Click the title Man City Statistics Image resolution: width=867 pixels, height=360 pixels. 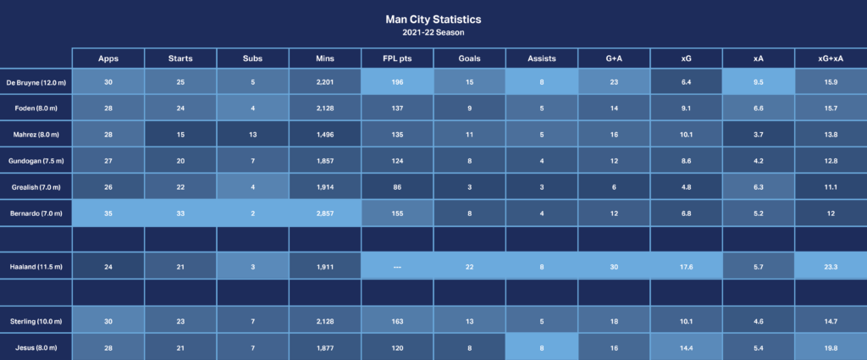433,18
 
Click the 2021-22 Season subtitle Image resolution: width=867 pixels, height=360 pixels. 433,32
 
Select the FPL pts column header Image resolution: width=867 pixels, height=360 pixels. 397,58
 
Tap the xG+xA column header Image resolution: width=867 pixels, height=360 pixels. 831,58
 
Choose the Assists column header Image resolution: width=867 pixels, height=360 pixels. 542,58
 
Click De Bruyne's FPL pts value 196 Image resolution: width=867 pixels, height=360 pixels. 397,81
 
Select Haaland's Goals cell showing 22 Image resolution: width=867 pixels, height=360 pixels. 469,266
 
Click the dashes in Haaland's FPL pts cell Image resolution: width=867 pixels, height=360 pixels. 397,266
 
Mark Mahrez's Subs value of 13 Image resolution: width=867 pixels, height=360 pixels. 252,134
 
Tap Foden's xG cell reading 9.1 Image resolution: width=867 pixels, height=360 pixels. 686,108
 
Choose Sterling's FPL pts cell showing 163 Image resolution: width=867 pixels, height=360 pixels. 397,321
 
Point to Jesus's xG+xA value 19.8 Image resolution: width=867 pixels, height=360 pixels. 831,347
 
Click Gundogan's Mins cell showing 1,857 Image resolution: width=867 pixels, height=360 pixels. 325,160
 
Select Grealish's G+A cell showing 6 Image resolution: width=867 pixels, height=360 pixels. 614,186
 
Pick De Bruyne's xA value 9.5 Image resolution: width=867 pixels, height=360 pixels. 759,81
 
